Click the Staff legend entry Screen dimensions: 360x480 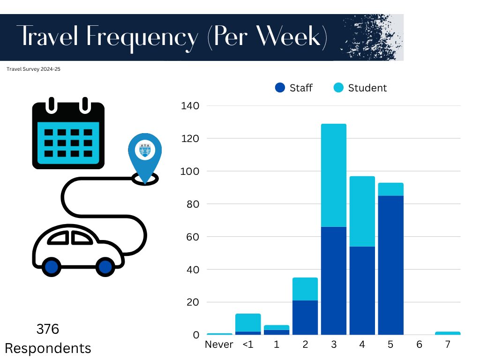294,88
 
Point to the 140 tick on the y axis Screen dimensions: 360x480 190,106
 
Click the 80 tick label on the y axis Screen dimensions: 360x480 190,204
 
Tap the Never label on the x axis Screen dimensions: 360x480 219,345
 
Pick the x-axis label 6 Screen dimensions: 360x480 419,345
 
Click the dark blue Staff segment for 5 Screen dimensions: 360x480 390,265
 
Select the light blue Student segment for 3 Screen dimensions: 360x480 333,175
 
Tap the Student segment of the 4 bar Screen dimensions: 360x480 362,211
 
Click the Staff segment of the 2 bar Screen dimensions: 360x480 305,317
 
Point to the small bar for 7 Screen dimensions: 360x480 448,333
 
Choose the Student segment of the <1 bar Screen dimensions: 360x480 247,322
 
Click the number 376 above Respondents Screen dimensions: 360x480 48,330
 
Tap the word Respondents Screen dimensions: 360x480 48,349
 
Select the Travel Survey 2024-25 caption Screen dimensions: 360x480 34,69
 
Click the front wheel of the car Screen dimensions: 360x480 105,267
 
